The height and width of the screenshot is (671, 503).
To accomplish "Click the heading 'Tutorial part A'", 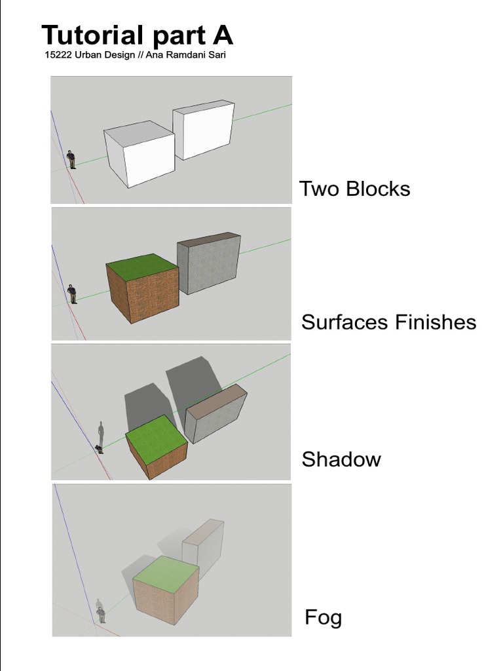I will click(137, 35).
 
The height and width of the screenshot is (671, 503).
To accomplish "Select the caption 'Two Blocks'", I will click(354, 189).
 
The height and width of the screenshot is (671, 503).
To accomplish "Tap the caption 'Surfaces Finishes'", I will click(388, 322).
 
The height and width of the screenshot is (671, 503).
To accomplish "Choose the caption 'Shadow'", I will click(341, 459).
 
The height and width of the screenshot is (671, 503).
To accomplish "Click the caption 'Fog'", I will click(323, 617).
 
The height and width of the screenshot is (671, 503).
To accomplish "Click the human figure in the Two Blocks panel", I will click(71, 160).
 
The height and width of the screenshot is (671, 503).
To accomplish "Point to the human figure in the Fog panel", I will click(101, 615).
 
